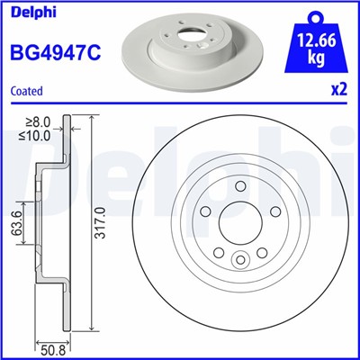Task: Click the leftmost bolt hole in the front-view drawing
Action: (x=207, y=217)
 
